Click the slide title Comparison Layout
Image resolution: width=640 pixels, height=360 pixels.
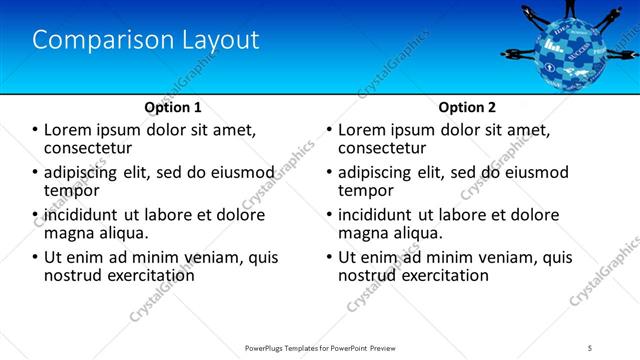pos(146,41)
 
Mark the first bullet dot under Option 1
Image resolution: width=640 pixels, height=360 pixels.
pos(36,130)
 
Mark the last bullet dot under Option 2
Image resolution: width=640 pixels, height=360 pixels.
pos(330,257)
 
